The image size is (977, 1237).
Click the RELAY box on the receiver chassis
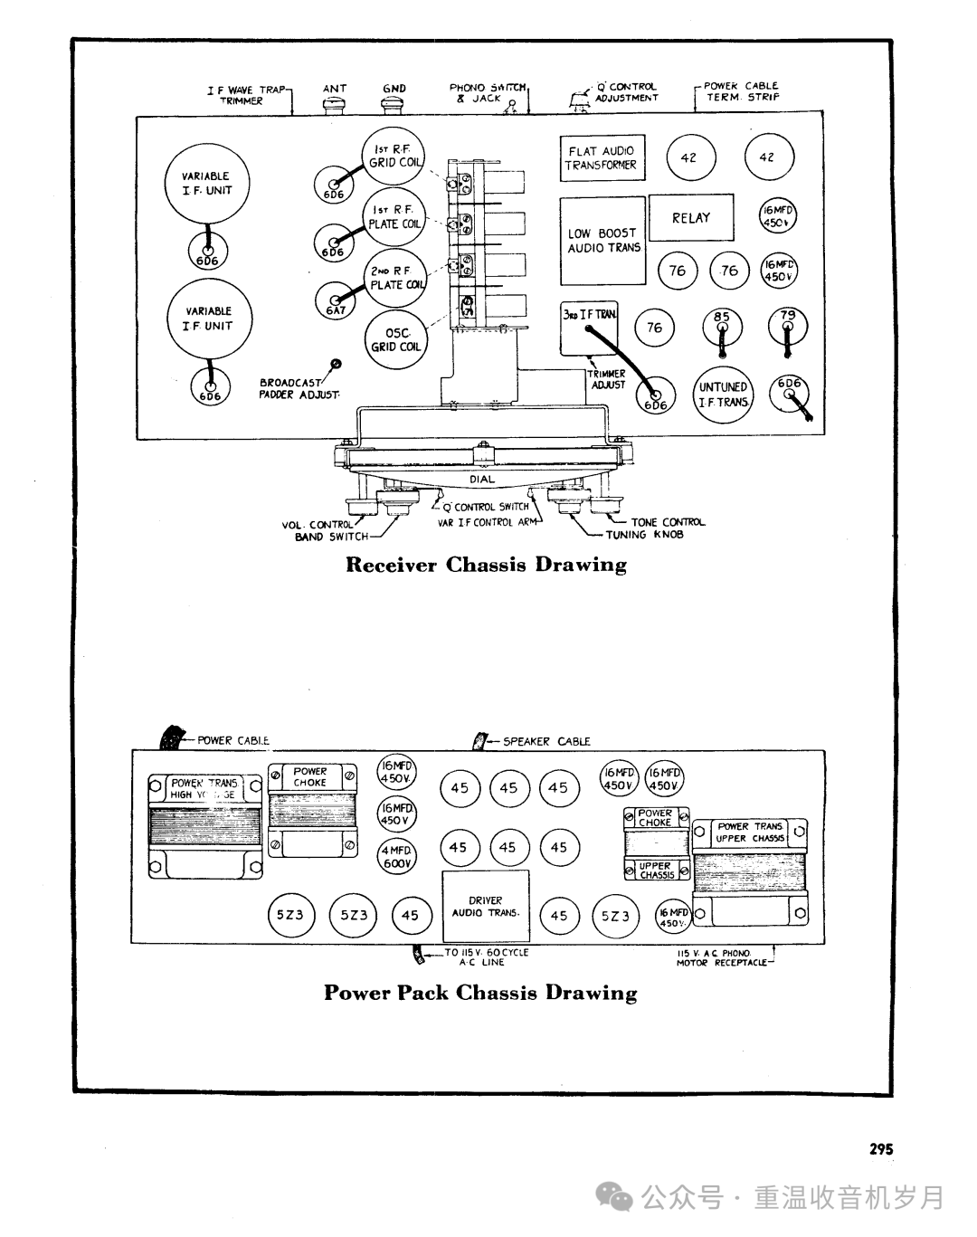691,218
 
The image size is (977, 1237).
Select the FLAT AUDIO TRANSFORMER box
601,158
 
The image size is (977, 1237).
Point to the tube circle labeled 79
788,324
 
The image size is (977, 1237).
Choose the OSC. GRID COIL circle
395,339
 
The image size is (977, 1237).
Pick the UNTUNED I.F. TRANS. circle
724,395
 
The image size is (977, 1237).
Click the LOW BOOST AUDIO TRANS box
602,241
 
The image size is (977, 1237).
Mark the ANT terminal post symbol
335,105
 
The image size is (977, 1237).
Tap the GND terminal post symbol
394,105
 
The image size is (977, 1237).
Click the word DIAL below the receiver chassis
482,480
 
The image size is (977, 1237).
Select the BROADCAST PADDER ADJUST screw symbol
337,364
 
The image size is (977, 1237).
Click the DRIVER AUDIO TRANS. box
486,908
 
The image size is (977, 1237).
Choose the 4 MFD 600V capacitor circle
395,857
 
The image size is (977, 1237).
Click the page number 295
881,1149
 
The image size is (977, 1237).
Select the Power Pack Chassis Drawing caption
480,993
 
